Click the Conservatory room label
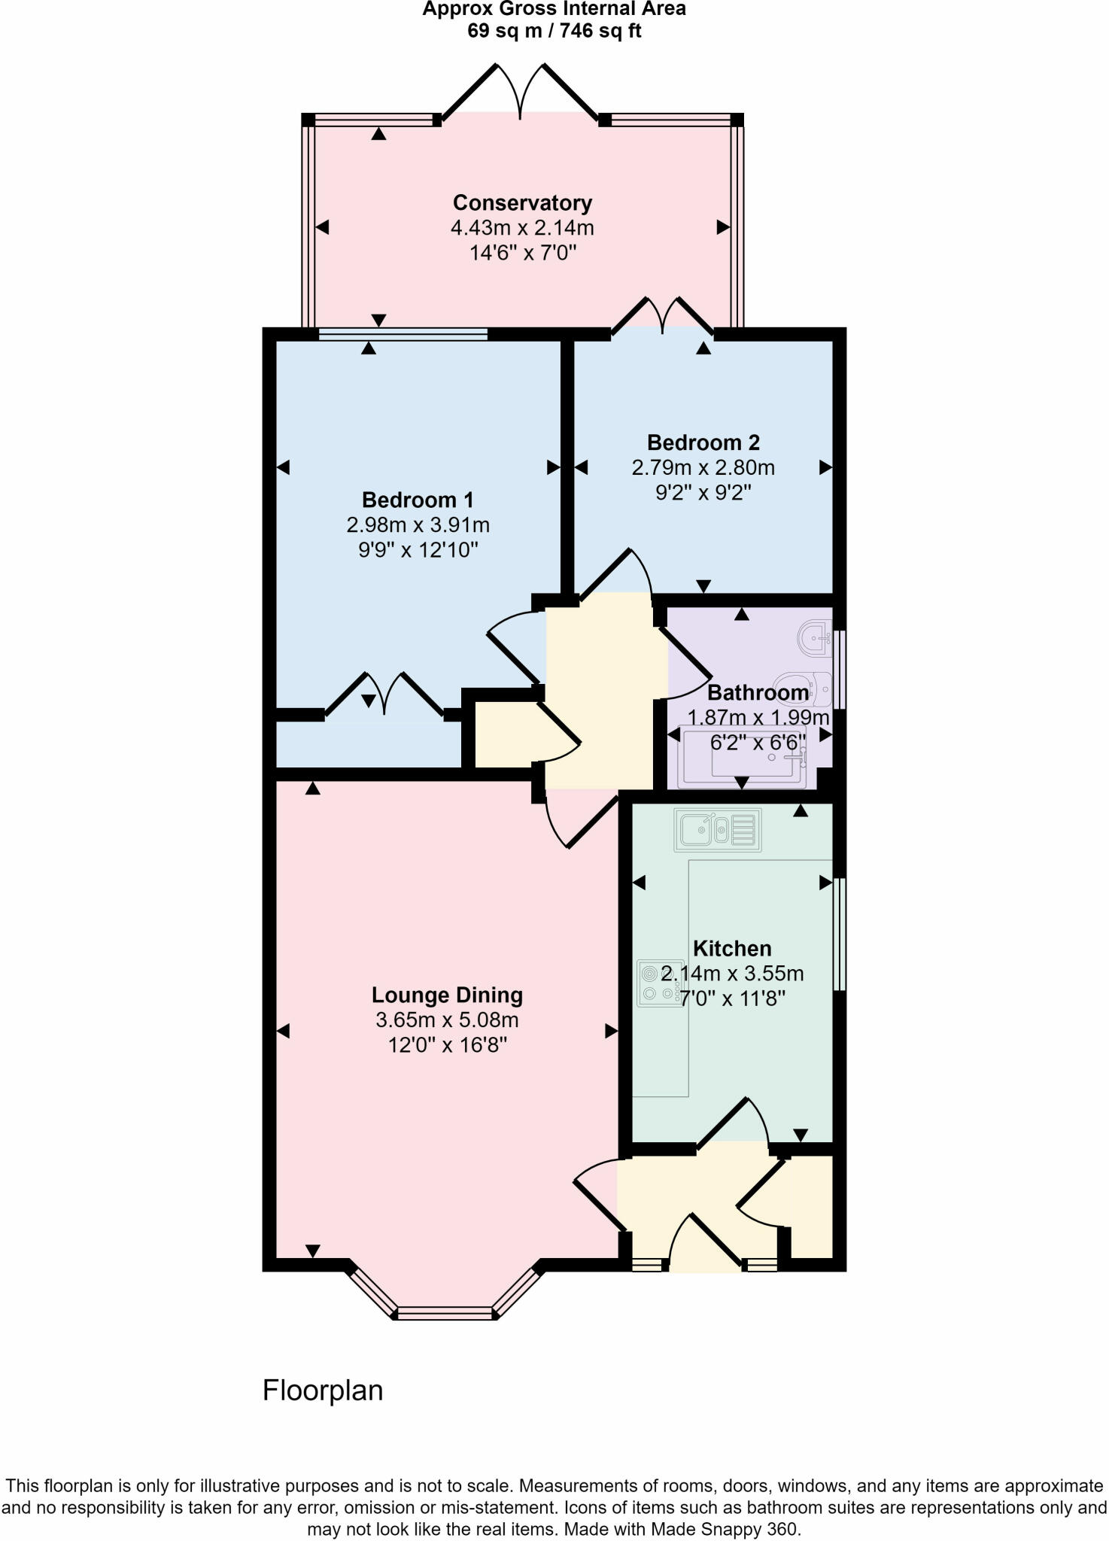(x=522, y=202)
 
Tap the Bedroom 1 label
(x=418, y=500)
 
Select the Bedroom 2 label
(x=703, y=442)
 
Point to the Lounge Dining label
(x=447, y=995)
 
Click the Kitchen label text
(x=732, y=948)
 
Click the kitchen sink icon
(x=718, y=830)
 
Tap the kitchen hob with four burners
(x=660, y=983)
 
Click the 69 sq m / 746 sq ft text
(x=554, y=32)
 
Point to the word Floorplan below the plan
(x=323, y=1390)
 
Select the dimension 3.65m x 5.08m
(x=447, y=1020)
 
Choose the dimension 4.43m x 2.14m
(x=522, y=227)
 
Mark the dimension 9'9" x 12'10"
(x=418, y=550)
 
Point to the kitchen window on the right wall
(x=839, y=933)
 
